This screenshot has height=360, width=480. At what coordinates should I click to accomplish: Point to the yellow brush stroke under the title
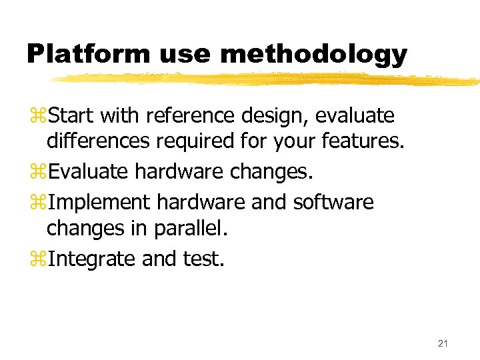tap(267, 79)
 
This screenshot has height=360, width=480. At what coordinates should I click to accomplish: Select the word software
tap(333, 202)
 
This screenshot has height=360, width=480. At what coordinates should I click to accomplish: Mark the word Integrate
tap(93, 259)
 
